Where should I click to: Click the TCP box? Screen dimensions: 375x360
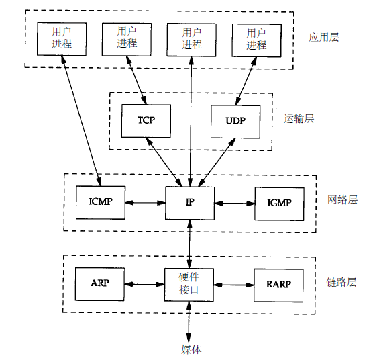coord(146,121)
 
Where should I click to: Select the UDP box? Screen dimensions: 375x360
coord(235,122)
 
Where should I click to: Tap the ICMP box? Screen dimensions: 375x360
coord(101,202)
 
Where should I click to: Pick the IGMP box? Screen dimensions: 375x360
coord(279,204)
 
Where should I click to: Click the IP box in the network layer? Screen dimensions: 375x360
coord(190,203)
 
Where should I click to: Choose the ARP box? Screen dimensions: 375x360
coord(100,284)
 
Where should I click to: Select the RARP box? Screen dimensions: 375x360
coord(278,285)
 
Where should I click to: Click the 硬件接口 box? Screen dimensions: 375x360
coord(189,285)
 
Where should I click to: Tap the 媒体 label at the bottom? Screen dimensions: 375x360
coord(191,349)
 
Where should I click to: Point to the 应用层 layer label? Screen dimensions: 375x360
coord(323,37)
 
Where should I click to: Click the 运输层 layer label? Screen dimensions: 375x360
coord(299,119)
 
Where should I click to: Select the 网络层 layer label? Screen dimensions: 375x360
coord(342,199)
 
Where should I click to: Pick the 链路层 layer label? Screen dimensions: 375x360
coord(341,282)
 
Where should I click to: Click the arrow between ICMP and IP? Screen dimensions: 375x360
coord(145,203)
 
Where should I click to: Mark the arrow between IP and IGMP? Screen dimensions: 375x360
coord(235,204)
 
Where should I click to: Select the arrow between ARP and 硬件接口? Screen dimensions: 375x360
coord(144,284)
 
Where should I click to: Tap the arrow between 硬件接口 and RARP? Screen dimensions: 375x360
coord(234,285)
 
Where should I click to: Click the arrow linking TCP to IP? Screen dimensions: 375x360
coord(164,162)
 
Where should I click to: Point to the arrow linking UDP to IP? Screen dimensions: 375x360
coord(217,162)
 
